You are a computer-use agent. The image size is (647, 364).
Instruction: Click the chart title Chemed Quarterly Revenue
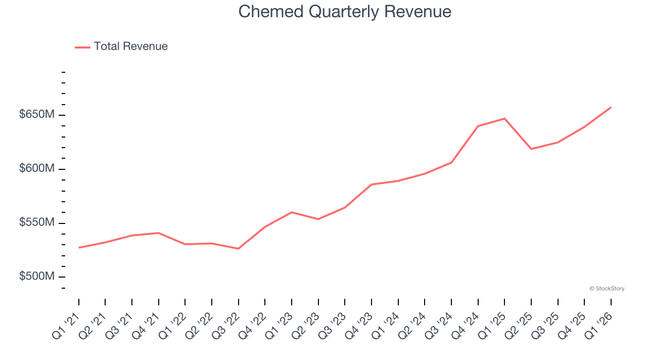[x=345, y=11]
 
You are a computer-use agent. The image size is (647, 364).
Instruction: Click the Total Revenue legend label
[x=130, y=47]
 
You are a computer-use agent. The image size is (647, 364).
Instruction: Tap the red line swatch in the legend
[x=82, y=47]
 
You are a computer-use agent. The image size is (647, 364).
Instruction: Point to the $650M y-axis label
[x=36, y=115]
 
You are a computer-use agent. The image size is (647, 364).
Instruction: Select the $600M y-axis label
[x=36, y=168]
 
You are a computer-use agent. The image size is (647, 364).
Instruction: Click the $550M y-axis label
[x=36, y=222]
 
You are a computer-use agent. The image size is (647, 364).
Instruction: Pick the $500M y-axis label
[x=36, y=277]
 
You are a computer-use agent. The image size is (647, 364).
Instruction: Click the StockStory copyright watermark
[x=607, y=289]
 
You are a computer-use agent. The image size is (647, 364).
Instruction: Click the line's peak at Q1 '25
[x=504, y=118]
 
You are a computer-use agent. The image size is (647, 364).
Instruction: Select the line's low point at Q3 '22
[x=238, y=249]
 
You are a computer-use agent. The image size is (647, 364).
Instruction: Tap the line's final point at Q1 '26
[x=611, y=107]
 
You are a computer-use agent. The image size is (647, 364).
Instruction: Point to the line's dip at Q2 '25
[x=531, y=149]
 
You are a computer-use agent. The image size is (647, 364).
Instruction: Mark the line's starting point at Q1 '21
[x=79, y=248]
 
